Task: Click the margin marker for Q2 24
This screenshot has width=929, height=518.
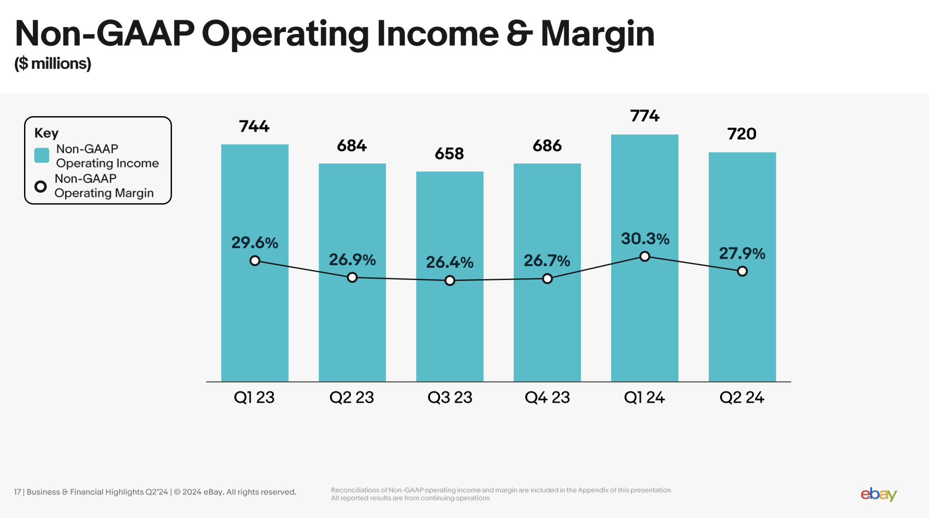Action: point(742,271)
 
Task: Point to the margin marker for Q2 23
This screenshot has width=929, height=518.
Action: point(352,277)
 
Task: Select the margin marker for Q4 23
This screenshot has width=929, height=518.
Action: point(547,279)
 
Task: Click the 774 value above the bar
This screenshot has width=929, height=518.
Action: point(644,116)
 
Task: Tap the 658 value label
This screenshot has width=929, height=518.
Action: point(449,154)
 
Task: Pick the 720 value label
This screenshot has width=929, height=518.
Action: point(742,134)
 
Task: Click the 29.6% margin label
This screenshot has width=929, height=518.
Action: point(254,243)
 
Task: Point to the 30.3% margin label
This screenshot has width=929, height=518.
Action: point(645,239)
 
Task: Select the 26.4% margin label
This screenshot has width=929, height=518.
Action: point(450,263)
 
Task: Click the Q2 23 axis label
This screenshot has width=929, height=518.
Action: point(352,397)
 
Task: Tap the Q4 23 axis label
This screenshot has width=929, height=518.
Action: point(547,397)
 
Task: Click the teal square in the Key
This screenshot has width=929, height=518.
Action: point(42,156)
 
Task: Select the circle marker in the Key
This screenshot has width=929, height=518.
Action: point(41,187)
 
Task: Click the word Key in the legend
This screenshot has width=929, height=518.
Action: point(46,133)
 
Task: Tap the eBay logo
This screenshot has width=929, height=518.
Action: point(879,494)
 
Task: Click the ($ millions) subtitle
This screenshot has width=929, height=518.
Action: point(53,64)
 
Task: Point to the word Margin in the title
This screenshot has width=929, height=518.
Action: point(598,34)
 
